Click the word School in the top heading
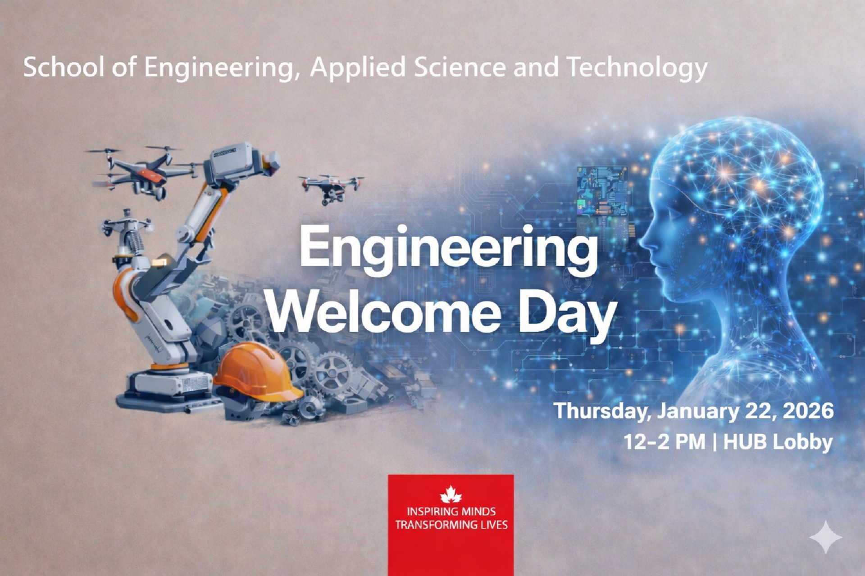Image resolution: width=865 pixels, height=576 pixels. (x=64, y=67)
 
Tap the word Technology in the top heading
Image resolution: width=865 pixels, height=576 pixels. (x=637, y=68)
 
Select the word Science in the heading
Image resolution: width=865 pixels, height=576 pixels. (x=460, y=67)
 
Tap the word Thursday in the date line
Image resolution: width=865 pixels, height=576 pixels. (x=602, y=411)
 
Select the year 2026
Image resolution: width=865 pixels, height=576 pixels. (x=808, y=411)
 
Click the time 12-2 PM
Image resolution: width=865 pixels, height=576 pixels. (x=665, y=441)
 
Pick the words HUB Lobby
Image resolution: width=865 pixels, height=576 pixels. (x=778, y=442)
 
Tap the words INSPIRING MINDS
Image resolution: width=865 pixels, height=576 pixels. (x=451, y=511)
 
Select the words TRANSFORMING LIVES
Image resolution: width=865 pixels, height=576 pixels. (x=451, y=525)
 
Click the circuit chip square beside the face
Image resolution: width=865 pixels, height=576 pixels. (x=602, y=192)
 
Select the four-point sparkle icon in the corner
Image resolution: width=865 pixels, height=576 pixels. (x=825, y=537)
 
